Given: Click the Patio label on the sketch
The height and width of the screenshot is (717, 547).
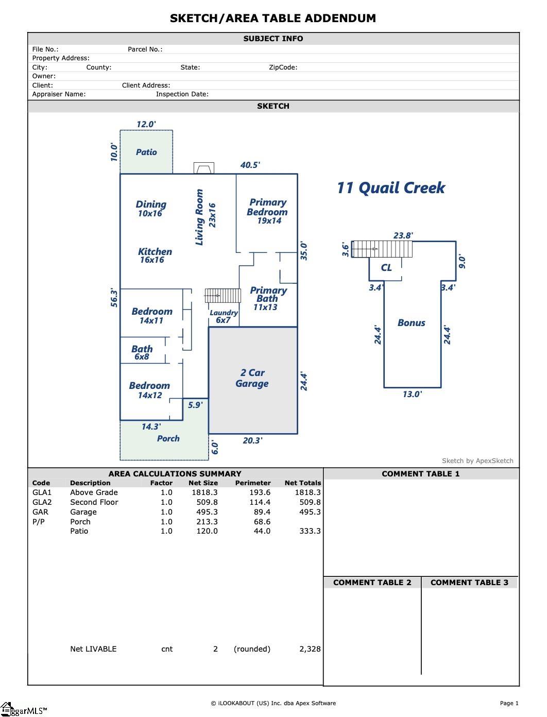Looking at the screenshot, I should [x=146, y=152].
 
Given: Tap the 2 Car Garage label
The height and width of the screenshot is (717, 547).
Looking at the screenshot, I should [x=252, y=378].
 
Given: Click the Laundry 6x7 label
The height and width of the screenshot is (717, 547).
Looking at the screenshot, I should [x=224, y=316].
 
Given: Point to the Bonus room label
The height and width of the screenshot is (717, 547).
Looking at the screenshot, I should [x=411, y=323].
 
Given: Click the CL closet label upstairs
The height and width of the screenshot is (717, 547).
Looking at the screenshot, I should [x=386, y=267].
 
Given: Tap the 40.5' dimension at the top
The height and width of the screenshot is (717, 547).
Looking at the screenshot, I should [x=250, y=165].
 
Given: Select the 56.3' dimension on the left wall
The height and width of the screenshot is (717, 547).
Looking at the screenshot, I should [x=114, y=298].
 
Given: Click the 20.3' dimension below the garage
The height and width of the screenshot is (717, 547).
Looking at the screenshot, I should [x=252, y=440].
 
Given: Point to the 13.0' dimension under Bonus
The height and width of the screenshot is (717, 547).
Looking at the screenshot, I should [x=412, y=394].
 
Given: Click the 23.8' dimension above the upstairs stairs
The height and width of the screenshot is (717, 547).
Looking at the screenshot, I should [x=403, y=235].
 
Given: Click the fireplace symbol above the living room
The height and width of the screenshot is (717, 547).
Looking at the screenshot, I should [x=203, y=168].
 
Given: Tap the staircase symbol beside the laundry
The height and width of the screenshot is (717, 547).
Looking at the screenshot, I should [x=223, y=296].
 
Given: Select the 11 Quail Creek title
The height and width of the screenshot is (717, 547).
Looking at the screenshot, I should [x=391, y=187].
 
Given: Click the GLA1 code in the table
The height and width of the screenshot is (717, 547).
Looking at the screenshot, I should [x=42, y=492].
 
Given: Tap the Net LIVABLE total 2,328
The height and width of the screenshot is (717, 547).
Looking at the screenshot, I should [x=310, y=649].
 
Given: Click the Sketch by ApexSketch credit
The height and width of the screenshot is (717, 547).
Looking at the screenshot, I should [x=477, y=461].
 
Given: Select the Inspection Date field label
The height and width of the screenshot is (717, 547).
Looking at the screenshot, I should [x=182, y=94].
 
